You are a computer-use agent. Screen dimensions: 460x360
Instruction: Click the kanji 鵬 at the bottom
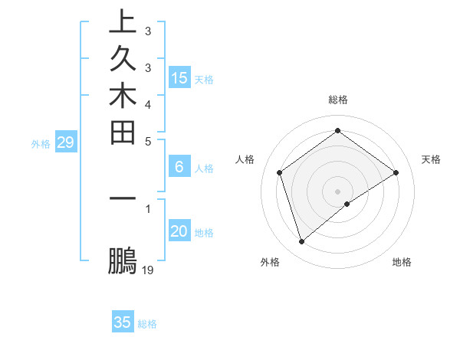tap(123, 261)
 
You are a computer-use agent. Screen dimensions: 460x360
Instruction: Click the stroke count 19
tap(148, 270)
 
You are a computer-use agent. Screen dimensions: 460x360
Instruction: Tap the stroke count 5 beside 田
tap(148, 140)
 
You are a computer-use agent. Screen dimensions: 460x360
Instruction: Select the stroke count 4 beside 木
tap(148, 103)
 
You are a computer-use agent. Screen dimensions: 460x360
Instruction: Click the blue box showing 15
tap(179, 78)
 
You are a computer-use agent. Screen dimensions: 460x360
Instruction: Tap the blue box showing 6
tap(179, 167)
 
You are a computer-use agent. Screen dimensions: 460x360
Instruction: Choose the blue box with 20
tap(179, 232)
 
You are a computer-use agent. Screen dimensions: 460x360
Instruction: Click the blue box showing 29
tap(66, 142)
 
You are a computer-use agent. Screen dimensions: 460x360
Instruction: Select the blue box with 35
tap(123, 322)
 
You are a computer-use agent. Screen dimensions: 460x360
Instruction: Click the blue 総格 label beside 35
tap(147, 324)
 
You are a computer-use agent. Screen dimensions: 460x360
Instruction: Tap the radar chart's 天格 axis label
tap(431, 159)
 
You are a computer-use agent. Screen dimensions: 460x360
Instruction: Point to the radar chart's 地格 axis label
tap(402, 262)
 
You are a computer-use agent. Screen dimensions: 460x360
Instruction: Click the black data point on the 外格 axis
tap(302, 242)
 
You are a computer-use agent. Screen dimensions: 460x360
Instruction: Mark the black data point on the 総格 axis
tap(337, 131)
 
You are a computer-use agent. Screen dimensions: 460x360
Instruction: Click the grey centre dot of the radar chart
tap(337, 191)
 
